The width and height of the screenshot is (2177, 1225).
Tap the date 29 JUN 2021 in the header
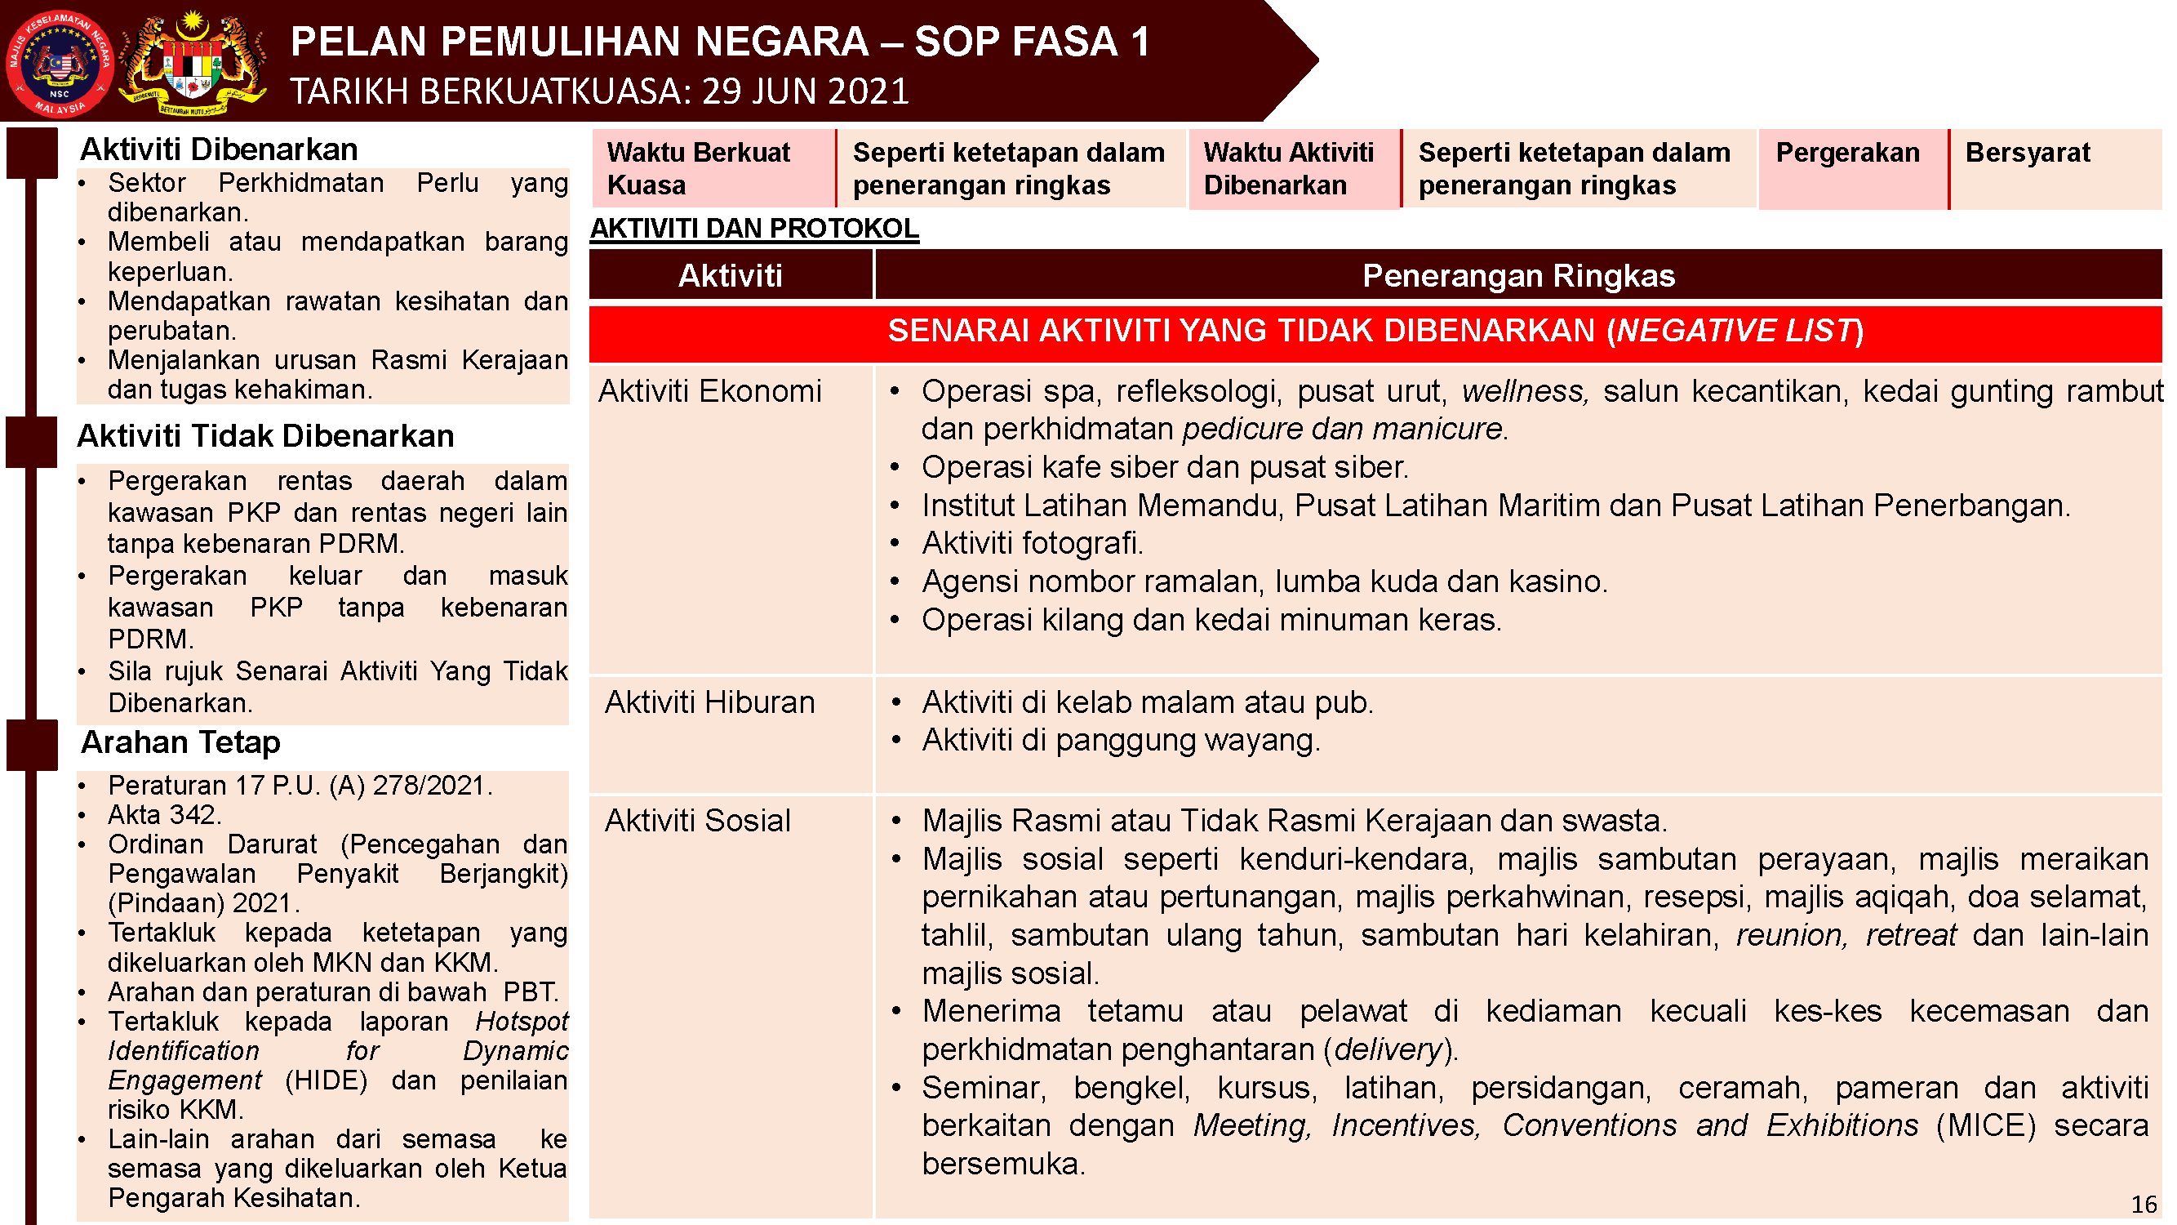click(805, 91)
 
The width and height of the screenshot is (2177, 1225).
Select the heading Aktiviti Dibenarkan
click(218, 149)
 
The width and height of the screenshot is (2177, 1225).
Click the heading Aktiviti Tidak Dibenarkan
click(265, 436)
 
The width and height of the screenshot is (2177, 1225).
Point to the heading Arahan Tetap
click(180, 742)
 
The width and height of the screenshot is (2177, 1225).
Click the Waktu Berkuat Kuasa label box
click(713, 168)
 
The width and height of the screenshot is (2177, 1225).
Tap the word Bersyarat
click(2027, 153)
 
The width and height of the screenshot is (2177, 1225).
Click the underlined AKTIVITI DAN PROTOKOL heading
click(754, 229)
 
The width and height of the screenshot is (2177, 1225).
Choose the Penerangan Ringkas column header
click(1517, 275)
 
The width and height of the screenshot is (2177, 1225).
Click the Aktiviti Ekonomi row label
click(710, 391)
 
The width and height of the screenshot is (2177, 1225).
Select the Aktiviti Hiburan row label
click(710, 702)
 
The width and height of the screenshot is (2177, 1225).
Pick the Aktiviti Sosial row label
click(697, 821)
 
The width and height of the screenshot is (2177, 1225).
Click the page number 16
click(2144, 1204)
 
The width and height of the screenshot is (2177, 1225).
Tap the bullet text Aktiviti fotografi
click(1031, 544)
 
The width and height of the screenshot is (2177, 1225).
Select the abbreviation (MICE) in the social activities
click(1985, 1126)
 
